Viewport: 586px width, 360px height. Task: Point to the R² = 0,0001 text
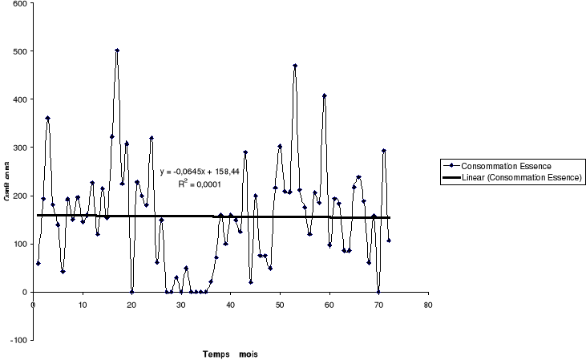pyautogui.click(x=199, y=183)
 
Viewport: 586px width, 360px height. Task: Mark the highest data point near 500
pyautogui.click(x=117, y=51)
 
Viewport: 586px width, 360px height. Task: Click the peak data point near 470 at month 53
pyautogui.click(x=295, y=66)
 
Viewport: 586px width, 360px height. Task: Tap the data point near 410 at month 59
pyautogui.click(x=325, y=95)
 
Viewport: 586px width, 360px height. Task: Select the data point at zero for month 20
pyautogui.click(x=131, y=292)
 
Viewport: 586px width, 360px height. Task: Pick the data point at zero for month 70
pyautogui.click(x=378, y=292)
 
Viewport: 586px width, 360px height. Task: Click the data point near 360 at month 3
pyautogui.click(x=48, y=118)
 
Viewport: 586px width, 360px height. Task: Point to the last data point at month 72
pyautogui.click(x=389, y=241)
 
